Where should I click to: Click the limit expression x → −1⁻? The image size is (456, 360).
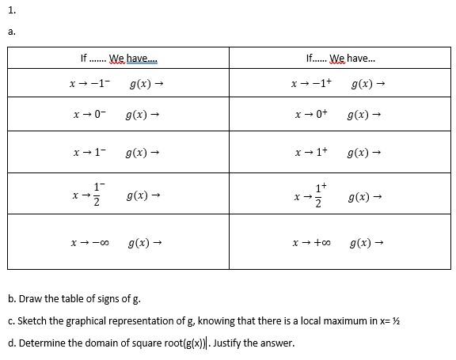tap(89, 83)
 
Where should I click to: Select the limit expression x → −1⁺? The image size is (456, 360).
tap(311, 83)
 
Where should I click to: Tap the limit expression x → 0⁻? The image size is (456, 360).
tap(89, 115)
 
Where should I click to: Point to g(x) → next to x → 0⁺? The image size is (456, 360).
tap(364, 115)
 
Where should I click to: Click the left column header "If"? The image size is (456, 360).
tap(83, 59)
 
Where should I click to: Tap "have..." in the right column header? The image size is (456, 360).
tap(362, 59)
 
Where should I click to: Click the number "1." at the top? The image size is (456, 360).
tap(12, 11)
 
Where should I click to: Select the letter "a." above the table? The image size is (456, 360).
tap(12, 32)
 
